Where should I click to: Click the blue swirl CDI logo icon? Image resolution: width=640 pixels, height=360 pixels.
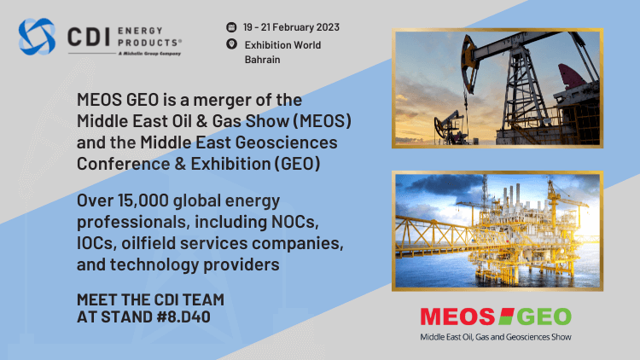point(37,37)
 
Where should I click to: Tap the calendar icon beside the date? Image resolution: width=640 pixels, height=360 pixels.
point(231,27)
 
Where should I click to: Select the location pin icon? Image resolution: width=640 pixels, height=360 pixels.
point(231,44)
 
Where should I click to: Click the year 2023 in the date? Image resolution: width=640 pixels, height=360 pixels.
point(328,27)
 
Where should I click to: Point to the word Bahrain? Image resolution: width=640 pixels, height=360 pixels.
point(263,60)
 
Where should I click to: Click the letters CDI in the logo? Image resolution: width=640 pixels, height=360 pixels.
point(89,37)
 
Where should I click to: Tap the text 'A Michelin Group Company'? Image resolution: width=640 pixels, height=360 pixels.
point(149,54)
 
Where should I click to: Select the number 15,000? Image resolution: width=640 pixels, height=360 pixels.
point(143,200)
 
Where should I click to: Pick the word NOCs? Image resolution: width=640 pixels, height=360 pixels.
point(294,222)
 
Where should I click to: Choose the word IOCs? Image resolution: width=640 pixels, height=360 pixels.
point(95,243)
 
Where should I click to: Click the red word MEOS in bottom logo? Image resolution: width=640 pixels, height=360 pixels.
point(457,316)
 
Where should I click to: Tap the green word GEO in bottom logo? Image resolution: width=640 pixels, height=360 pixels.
point(544,316)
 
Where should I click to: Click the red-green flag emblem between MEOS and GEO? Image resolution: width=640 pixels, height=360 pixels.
point(506,316)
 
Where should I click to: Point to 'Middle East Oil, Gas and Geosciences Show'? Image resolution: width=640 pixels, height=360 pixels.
point(496,337)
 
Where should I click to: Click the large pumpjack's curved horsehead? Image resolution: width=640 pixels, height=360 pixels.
point(469,63)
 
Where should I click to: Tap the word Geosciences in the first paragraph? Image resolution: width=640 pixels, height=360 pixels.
point(287,142)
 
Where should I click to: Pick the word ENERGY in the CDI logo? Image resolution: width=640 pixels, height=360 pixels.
point(141,31)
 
